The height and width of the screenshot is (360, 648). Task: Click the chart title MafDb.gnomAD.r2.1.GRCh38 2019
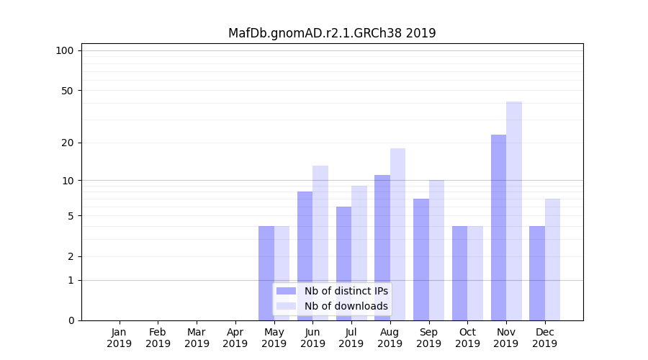332,33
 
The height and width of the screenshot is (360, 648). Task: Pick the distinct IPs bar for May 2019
266,274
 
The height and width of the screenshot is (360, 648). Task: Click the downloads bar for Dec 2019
552,260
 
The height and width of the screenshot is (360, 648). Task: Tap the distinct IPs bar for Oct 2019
459,274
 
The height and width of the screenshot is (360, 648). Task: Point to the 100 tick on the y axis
65,50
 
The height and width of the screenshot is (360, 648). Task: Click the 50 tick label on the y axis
67,91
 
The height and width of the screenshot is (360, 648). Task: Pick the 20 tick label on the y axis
67,143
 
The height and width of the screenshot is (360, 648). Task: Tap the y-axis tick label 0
71,320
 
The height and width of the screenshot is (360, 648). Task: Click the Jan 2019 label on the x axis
120,338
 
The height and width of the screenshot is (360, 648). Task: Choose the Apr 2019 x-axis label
235,338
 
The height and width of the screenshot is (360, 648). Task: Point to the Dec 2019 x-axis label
544,338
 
